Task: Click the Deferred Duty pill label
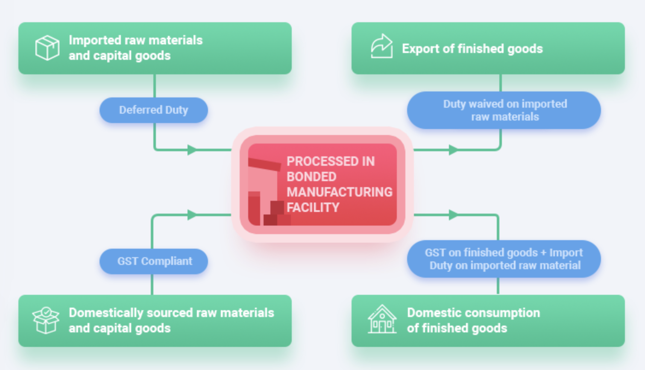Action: (x=153, y=110)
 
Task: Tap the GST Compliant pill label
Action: (x=154, y=261)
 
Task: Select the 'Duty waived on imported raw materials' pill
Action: (x=504, y=110)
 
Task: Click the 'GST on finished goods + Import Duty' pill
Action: (x=504, y=259)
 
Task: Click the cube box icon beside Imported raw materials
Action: (x=47, y=48)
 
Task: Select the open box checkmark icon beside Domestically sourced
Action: (x=46, y=320)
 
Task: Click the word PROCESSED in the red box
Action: (x=330, y=162)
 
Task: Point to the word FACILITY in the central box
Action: (x=313, y=208)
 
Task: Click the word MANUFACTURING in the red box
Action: (x=339, y=192)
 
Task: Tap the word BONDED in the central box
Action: (x=311, y=177)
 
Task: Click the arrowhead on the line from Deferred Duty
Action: (x=192, y=150)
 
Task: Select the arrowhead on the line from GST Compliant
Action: (x=192, y=214)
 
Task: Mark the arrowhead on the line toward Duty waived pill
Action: (x=453, y=150)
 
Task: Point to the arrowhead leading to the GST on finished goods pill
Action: (x=453, y=214)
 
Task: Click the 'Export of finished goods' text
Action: (x=472, y=49)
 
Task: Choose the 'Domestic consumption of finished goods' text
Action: (x=473, y=320)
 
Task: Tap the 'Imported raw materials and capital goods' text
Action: (x=135, y=48)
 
